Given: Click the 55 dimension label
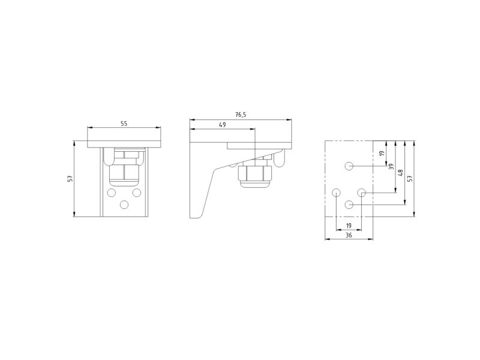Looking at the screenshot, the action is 124,124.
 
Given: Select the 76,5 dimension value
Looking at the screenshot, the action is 241,115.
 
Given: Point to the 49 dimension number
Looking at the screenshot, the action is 223,125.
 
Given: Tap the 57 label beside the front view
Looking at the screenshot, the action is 71,178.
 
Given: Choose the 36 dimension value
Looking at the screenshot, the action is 349,235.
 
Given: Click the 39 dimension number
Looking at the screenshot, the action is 391,167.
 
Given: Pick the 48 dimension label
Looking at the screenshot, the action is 400,173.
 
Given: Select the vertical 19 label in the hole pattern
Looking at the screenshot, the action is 382,153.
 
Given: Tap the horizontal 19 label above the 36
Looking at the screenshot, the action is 349,226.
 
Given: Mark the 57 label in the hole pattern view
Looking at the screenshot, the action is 410,178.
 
